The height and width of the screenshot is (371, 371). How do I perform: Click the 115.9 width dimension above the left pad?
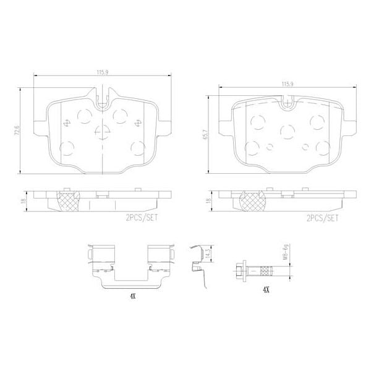[x=102, y=72]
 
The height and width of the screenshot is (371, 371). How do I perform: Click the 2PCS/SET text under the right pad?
[x=322, y=218]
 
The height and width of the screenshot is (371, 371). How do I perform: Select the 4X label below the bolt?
[x=266, y=289]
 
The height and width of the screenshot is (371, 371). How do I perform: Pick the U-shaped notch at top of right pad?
[x=286, y=104]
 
